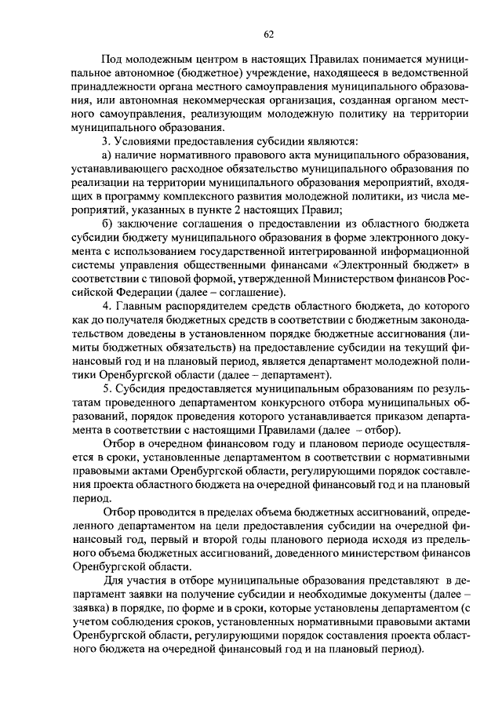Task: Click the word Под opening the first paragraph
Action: tap(112, 61)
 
